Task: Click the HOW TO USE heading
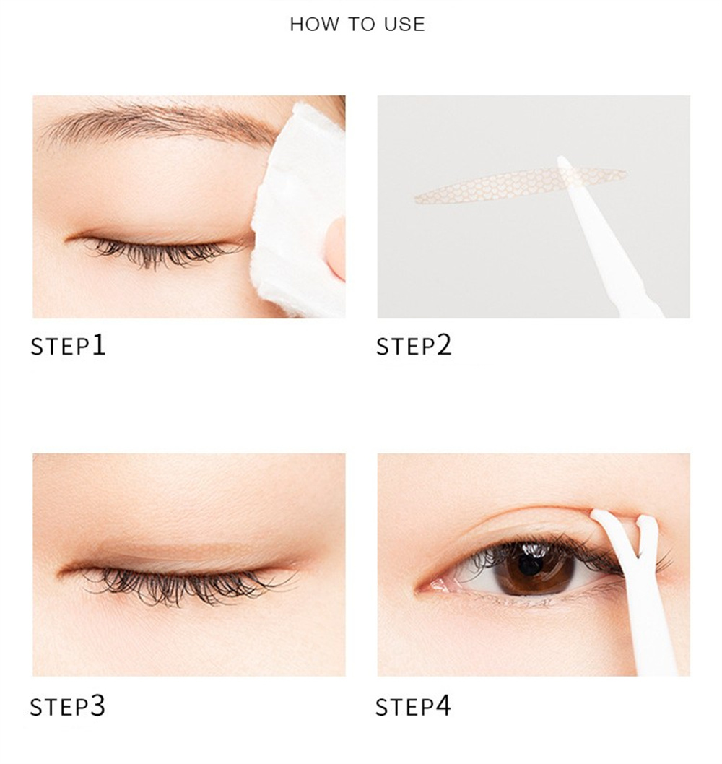coord(357,24)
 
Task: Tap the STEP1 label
coord(68,345)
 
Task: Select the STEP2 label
coord(414,345)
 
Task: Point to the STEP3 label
coord(67,706)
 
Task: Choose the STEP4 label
coord(413,706)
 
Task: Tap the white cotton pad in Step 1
coord(300,209)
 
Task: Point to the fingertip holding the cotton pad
coord(336,248)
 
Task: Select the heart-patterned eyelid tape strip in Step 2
coord(520,186)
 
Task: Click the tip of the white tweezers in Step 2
coord(560,159)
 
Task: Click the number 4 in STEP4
coord(443,706)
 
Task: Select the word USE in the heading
coord(404,24)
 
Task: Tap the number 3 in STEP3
coord(97,706)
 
